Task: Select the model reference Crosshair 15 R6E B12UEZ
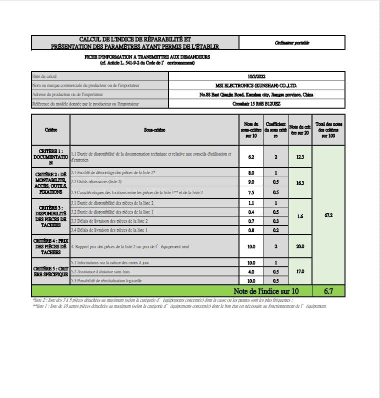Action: pyautogui.click(x=257, y=104)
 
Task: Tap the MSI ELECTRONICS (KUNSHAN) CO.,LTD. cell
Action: pyautogui.click(x=257, y=86)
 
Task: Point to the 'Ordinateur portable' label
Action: pyautogui.click(x=292, y=43)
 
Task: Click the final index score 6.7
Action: pyautogui.click(x=328, y=291)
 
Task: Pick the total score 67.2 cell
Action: pyautogui.click(x=328, y=215)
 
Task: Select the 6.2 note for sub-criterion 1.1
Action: pyautogui.click(x=251, y=157)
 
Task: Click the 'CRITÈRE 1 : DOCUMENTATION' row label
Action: pyautogui.click(x=50, y=157)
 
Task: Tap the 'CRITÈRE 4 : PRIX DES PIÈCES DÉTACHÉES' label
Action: pyautogui.click(x=50, y=246)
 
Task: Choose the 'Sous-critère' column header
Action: pyautogui.click(x=154, y=130)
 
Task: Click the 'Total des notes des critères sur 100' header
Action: pyautogui.click(x=328, y=130)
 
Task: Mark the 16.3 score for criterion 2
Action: pyautogui.click(x=300, y=183)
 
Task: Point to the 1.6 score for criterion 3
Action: pyautogui.click(x=300, y=216)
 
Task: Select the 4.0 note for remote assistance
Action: pyautogui.click(x=251, y=271)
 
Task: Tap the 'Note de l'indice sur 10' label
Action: pyautogui.click(x=266, y=291)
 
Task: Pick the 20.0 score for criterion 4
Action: pyautogui.click(x=300, y=246)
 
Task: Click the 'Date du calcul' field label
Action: pyautogui.click(x=44, y=77)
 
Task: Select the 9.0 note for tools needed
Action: pyautogui.click(x=251, y=182)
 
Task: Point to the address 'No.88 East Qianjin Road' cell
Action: pyautogui.click(x=257, y=95)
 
